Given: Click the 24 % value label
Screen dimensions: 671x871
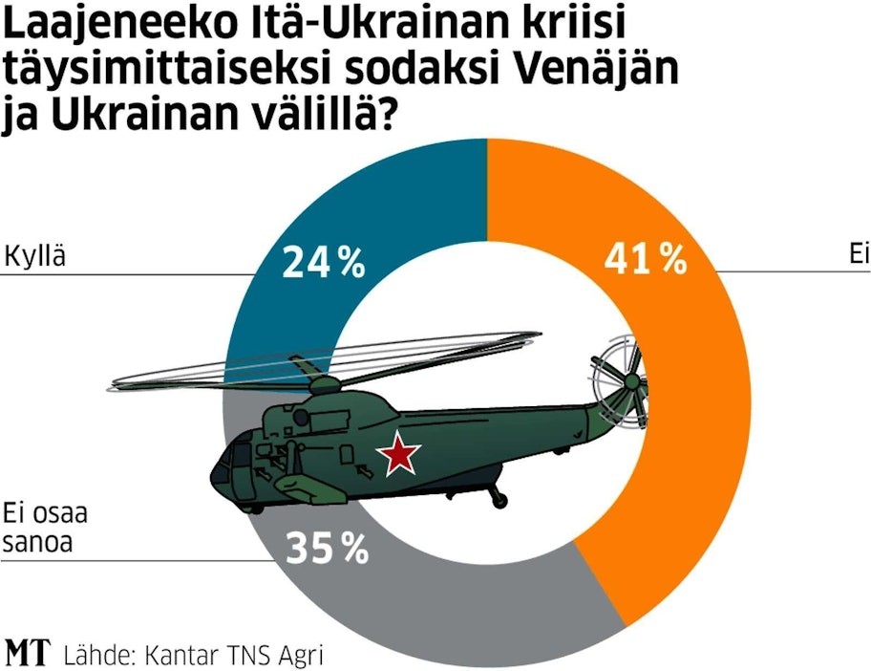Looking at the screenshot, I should pyautogui.click(x=324, y=262).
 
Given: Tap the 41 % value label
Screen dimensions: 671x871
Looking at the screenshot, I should pyautogui.click(x=646, y=258).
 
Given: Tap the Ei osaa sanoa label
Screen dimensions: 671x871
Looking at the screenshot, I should pyautogui.click(x=46, y=528).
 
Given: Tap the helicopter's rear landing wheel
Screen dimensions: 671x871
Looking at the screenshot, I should pyautogui.click(x=496, y=498).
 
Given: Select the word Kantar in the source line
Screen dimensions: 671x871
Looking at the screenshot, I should pyautogui.click(x=176, y=656).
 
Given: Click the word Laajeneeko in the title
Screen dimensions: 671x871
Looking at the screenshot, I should pyautogui.click(x=117, y=26).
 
